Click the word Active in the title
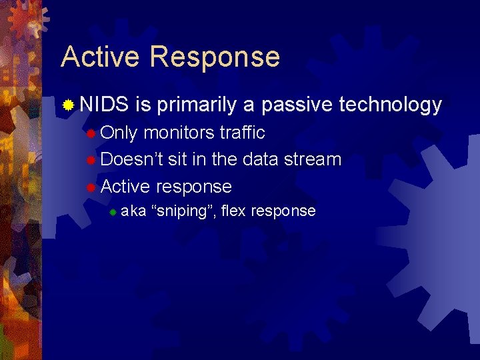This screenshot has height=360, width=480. point(101,57)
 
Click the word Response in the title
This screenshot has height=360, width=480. point(215,58)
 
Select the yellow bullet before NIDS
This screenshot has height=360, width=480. point(68,105)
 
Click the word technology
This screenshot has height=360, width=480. point(391,105)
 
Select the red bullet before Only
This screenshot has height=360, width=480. point(91,133)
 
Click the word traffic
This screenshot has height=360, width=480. point(242,133)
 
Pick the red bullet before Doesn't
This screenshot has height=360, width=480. point(91,160)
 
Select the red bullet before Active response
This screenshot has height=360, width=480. point(91,187)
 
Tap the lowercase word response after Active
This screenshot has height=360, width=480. point(194,187)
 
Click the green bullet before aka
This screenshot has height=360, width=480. point(113,212)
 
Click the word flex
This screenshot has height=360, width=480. point(233,211)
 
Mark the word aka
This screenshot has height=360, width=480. point(134,211)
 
